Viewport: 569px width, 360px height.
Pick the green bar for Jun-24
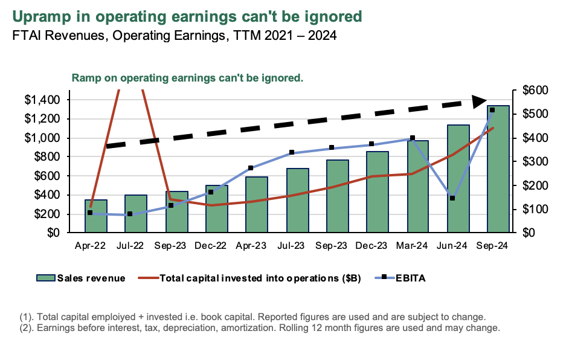click(458, 179)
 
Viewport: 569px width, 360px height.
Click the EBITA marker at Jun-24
click(452, 198)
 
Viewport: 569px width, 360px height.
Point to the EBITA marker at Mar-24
click(413, 138)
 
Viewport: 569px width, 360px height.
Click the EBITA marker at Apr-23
click(251, 168)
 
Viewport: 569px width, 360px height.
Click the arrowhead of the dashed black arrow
click(480, 101)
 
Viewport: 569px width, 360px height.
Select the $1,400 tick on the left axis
click(42, 100)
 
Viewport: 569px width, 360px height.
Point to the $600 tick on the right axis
click(533, 91)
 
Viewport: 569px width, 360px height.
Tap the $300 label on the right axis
click(533, 162)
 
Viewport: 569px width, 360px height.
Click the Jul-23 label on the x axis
click(291, 246)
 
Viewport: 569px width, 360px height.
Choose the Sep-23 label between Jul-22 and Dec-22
click(170, 246)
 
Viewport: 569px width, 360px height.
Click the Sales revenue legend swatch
click(45, 278)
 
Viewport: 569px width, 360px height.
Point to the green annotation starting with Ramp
click(187, 78)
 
